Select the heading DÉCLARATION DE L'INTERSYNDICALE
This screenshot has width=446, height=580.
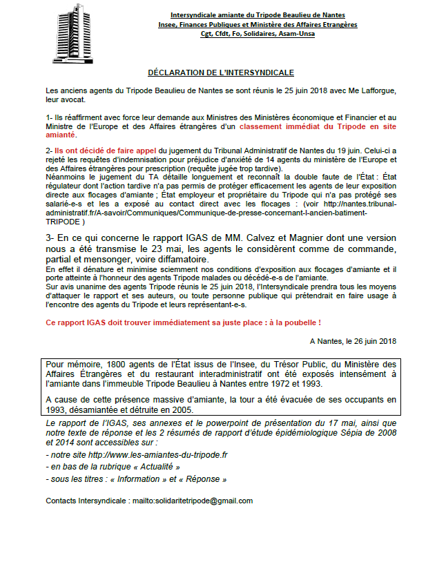[x=222, y=72]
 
